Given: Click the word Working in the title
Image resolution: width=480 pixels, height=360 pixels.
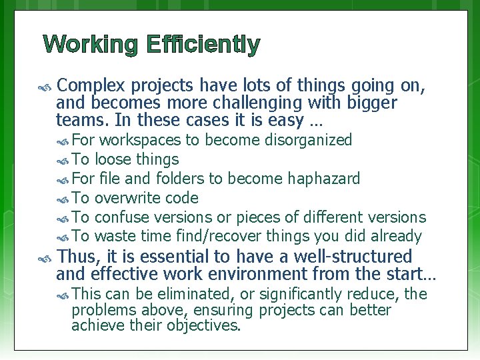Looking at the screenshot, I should pos(91,45).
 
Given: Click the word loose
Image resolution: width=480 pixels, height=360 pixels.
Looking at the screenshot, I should pos(113,159).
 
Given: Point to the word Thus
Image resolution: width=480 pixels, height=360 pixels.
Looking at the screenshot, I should pos(79,257).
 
